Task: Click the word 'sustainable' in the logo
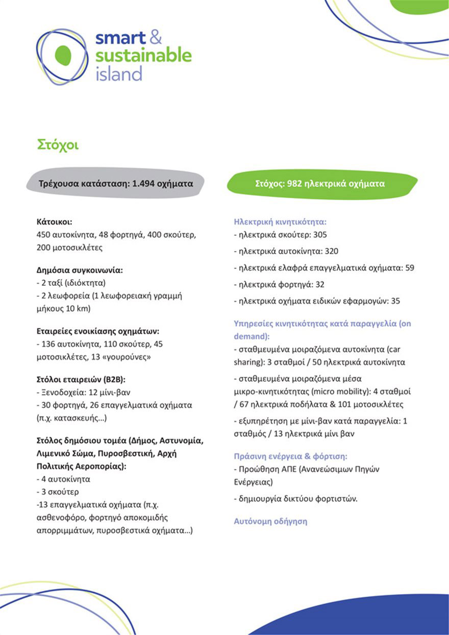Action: coord(143,55)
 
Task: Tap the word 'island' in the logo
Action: coord(118,74)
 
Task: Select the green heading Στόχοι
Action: coord(58,144)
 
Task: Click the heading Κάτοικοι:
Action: coord(55,222)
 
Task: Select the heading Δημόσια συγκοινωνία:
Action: coord(80,271)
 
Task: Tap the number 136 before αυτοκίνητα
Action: coord(48,344)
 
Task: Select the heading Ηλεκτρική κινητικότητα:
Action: coord(280,222)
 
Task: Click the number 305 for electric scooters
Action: coord(320,235)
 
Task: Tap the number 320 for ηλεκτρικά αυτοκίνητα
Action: coord(331,251)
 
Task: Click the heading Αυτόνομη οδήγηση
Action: coord(270,522)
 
